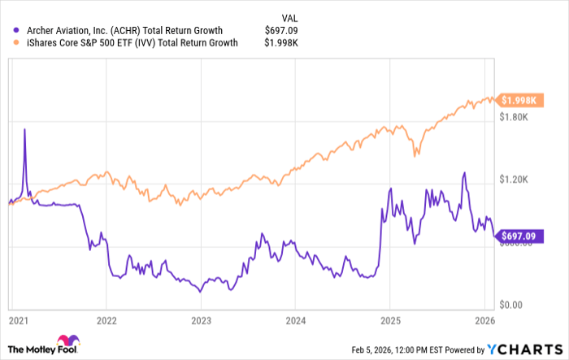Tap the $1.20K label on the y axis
click(515, 180)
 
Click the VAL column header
click(289, 15)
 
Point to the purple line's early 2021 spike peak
click(24, 128)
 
